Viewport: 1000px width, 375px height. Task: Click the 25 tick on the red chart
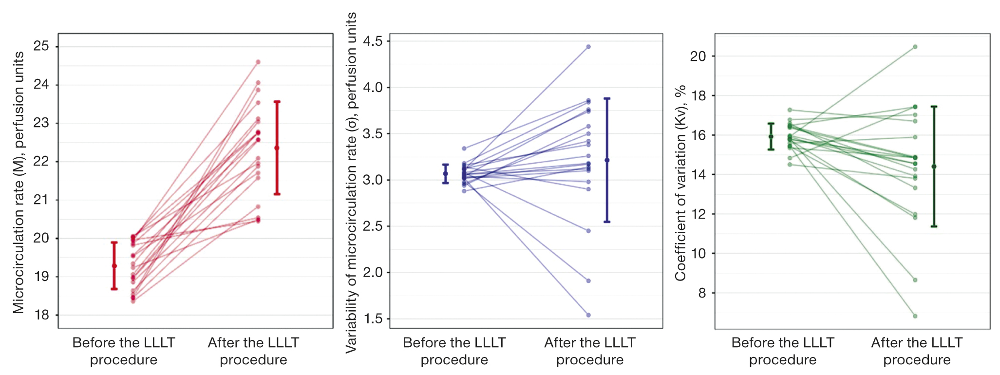41,46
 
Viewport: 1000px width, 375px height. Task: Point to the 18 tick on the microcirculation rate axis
41,315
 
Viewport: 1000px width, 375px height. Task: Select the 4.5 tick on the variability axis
373,41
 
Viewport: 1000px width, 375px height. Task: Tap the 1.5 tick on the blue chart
373,319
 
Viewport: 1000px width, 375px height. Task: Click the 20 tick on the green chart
698,56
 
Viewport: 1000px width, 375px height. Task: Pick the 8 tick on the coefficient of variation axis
701,293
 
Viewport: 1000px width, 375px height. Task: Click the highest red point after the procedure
258,62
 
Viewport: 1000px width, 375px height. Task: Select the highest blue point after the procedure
588,47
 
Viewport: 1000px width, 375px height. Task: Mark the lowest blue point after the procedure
588,315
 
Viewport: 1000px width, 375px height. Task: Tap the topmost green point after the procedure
915,47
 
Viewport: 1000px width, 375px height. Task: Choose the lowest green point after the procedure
915,316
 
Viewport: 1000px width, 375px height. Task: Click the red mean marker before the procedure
114,266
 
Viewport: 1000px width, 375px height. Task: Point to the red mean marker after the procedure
277,148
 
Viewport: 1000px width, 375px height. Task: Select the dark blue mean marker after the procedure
607,160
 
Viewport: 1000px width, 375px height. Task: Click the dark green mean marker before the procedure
771,136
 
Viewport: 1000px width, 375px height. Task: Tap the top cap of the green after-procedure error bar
934,106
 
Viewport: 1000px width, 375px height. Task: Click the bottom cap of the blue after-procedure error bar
607,222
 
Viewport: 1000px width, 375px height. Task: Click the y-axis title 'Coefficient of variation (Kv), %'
680,183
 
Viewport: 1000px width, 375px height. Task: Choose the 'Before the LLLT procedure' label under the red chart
124,351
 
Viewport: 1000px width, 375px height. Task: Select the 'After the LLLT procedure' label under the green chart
917,351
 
